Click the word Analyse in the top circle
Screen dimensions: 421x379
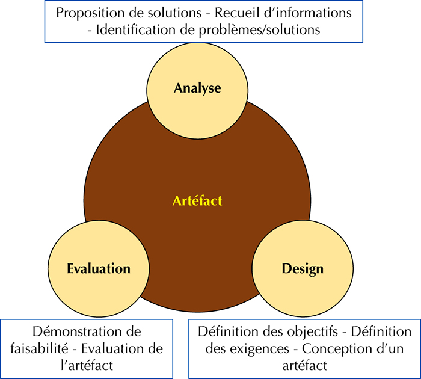[197, 88]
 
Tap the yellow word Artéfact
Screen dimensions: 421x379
[197, 201]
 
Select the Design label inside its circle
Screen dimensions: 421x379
[303, 269]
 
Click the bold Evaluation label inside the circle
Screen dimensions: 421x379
[99, 268]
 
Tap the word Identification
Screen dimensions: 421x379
[135, 29]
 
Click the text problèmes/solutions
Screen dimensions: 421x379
[259, 30]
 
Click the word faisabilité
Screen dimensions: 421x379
[40, 348]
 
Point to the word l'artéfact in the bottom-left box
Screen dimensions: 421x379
[87, 365]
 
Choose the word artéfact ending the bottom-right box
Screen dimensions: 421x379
[305, 365]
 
